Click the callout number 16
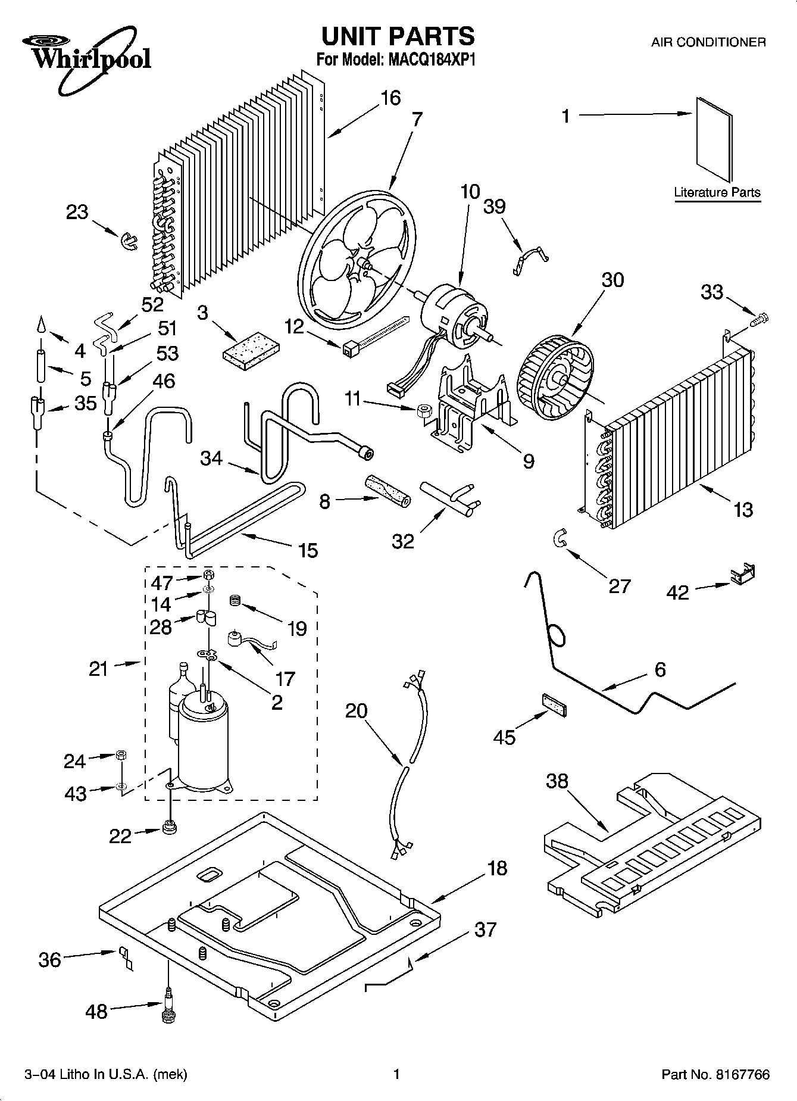[390, 98]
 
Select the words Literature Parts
[717, 192]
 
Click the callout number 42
[677, 592]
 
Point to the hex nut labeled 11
[423, 410]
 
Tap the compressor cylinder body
[204, 744]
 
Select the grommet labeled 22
[170, 828]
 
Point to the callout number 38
[557, 781]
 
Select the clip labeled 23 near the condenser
[127, 241]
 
